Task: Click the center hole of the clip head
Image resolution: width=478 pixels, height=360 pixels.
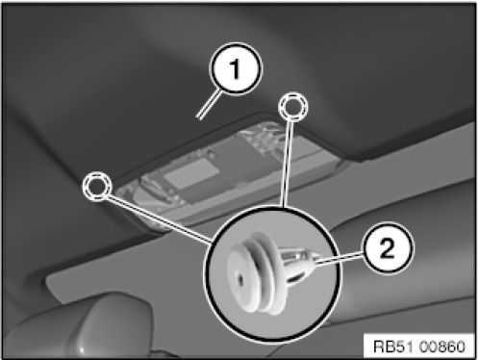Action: point(240,280)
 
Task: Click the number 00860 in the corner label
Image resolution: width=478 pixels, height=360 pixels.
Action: point(441,347)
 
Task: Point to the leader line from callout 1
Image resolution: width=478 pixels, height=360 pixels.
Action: point(209,105)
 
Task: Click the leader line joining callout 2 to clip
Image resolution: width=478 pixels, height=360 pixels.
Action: point(339,259)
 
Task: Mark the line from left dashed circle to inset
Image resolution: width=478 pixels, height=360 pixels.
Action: point(159,219)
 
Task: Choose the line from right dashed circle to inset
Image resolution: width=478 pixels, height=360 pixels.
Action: point(287,164)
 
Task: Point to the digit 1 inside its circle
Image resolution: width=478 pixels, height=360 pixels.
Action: point(236,69)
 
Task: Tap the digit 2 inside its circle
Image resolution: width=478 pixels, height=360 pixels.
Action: point(388,248)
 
